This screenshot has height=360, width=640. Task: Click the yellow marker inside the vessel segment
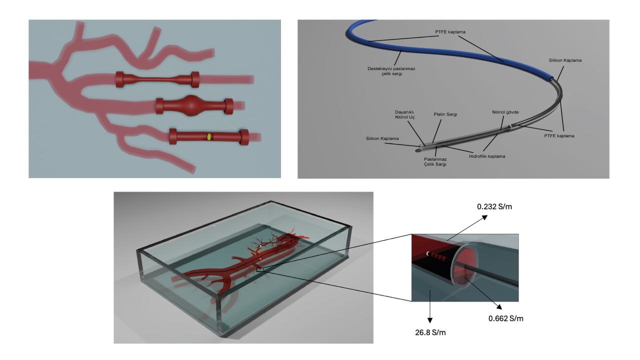point(209,136)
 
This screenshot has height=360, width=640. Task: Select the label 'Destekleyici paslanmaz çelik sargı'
point(391,71)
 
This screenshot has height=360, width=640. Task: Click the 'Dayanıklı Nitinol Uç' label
point(404,114)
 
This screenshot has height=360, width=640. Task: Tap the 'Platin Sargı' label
point(445,114)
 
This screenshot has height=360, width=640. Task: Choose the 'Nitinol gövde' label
point(505,112)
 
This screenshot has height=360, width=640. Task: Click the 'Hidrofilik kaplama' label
point(487,156)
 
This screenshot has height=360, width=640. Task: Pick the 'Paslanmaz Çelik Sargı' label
point(435,161)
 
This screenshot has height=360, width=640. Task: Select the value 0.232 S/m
point(494,206)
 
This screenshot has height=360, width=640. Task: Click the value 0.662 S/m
point(505,318)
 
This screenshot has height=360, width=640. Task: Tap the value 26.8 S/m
point(430,332)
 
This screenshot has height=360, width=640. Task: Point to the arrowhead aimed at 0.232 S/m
point(484,217)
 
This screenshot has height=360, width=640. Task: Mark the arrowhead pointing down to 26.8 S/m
point(429,320)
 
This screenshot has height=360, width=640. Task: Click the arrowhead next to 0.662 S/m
point(499,307)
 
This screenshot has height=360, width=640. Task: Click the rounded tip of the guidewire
point(418,149)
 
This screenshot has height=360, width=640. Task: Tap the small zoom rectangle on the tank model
point(260,269)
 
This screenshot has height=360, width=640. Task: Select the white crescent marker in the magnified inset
point(427,253)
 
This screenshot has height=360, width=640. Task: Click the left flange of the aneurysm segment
point(159,106)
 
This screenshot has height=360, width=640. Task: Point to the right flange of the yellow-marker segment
point(244,137)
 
